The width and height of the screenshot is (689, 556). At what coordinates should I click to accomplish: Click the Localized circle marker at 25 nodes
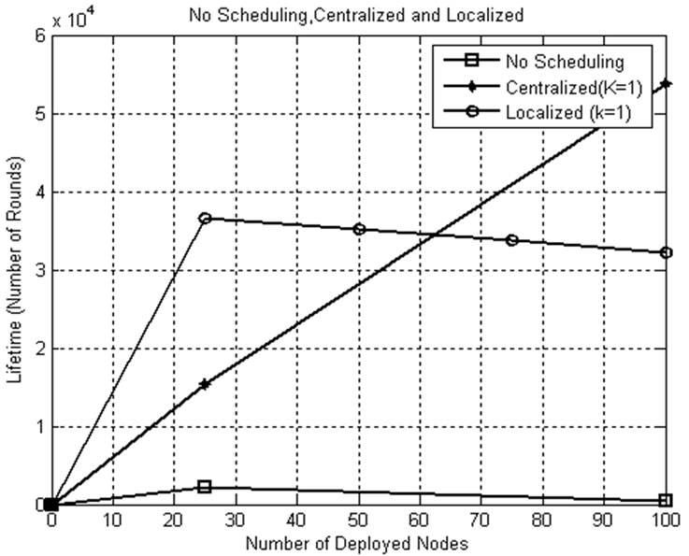pyautogui.click(x=205, y=218)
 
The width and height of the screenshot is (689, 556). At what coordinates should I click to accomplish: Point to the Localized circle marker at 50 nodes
pyautogui.click(x=359, y=229)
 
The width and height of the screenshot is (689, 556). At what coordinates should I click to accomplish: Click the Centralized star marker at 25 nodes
pyautogui.click(x=205, y=384)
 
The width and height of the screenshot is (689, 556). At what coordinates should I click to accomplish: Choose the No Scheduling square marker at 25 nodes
pyautogui.click(x=205, y=487)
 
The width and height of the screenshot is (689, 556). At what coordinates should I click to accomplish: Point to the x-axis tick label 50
pyautogui.click(x=359, y=520)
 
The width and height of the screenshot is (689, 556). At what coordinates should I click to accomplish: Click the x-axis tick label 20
pyautogui.click(x=174, y=520)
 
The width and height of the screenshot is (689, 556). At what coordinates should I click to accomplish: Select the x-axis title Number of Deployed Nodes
pyautogui.click(x=359, y=542)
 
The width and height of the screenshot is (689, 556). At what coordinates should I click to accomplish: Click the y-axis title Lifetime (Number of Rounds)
pyautogui.click(x=13, y=271)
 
